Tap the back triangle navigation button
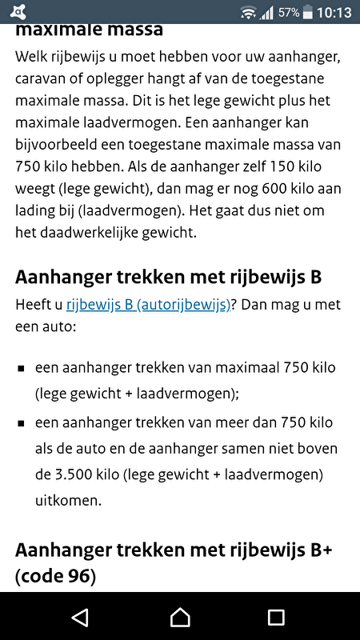point(79,617)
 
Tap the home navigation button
point(180,617)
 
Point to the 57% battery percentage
point(290,13)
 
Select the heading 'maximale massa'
point(89,30)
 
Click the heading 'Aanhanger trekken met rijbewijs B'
point(168,277)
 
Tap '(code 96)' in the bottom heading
point(55,575)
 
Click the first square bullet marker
point(21,370)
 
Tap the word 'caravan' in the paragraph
point(41,80)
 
